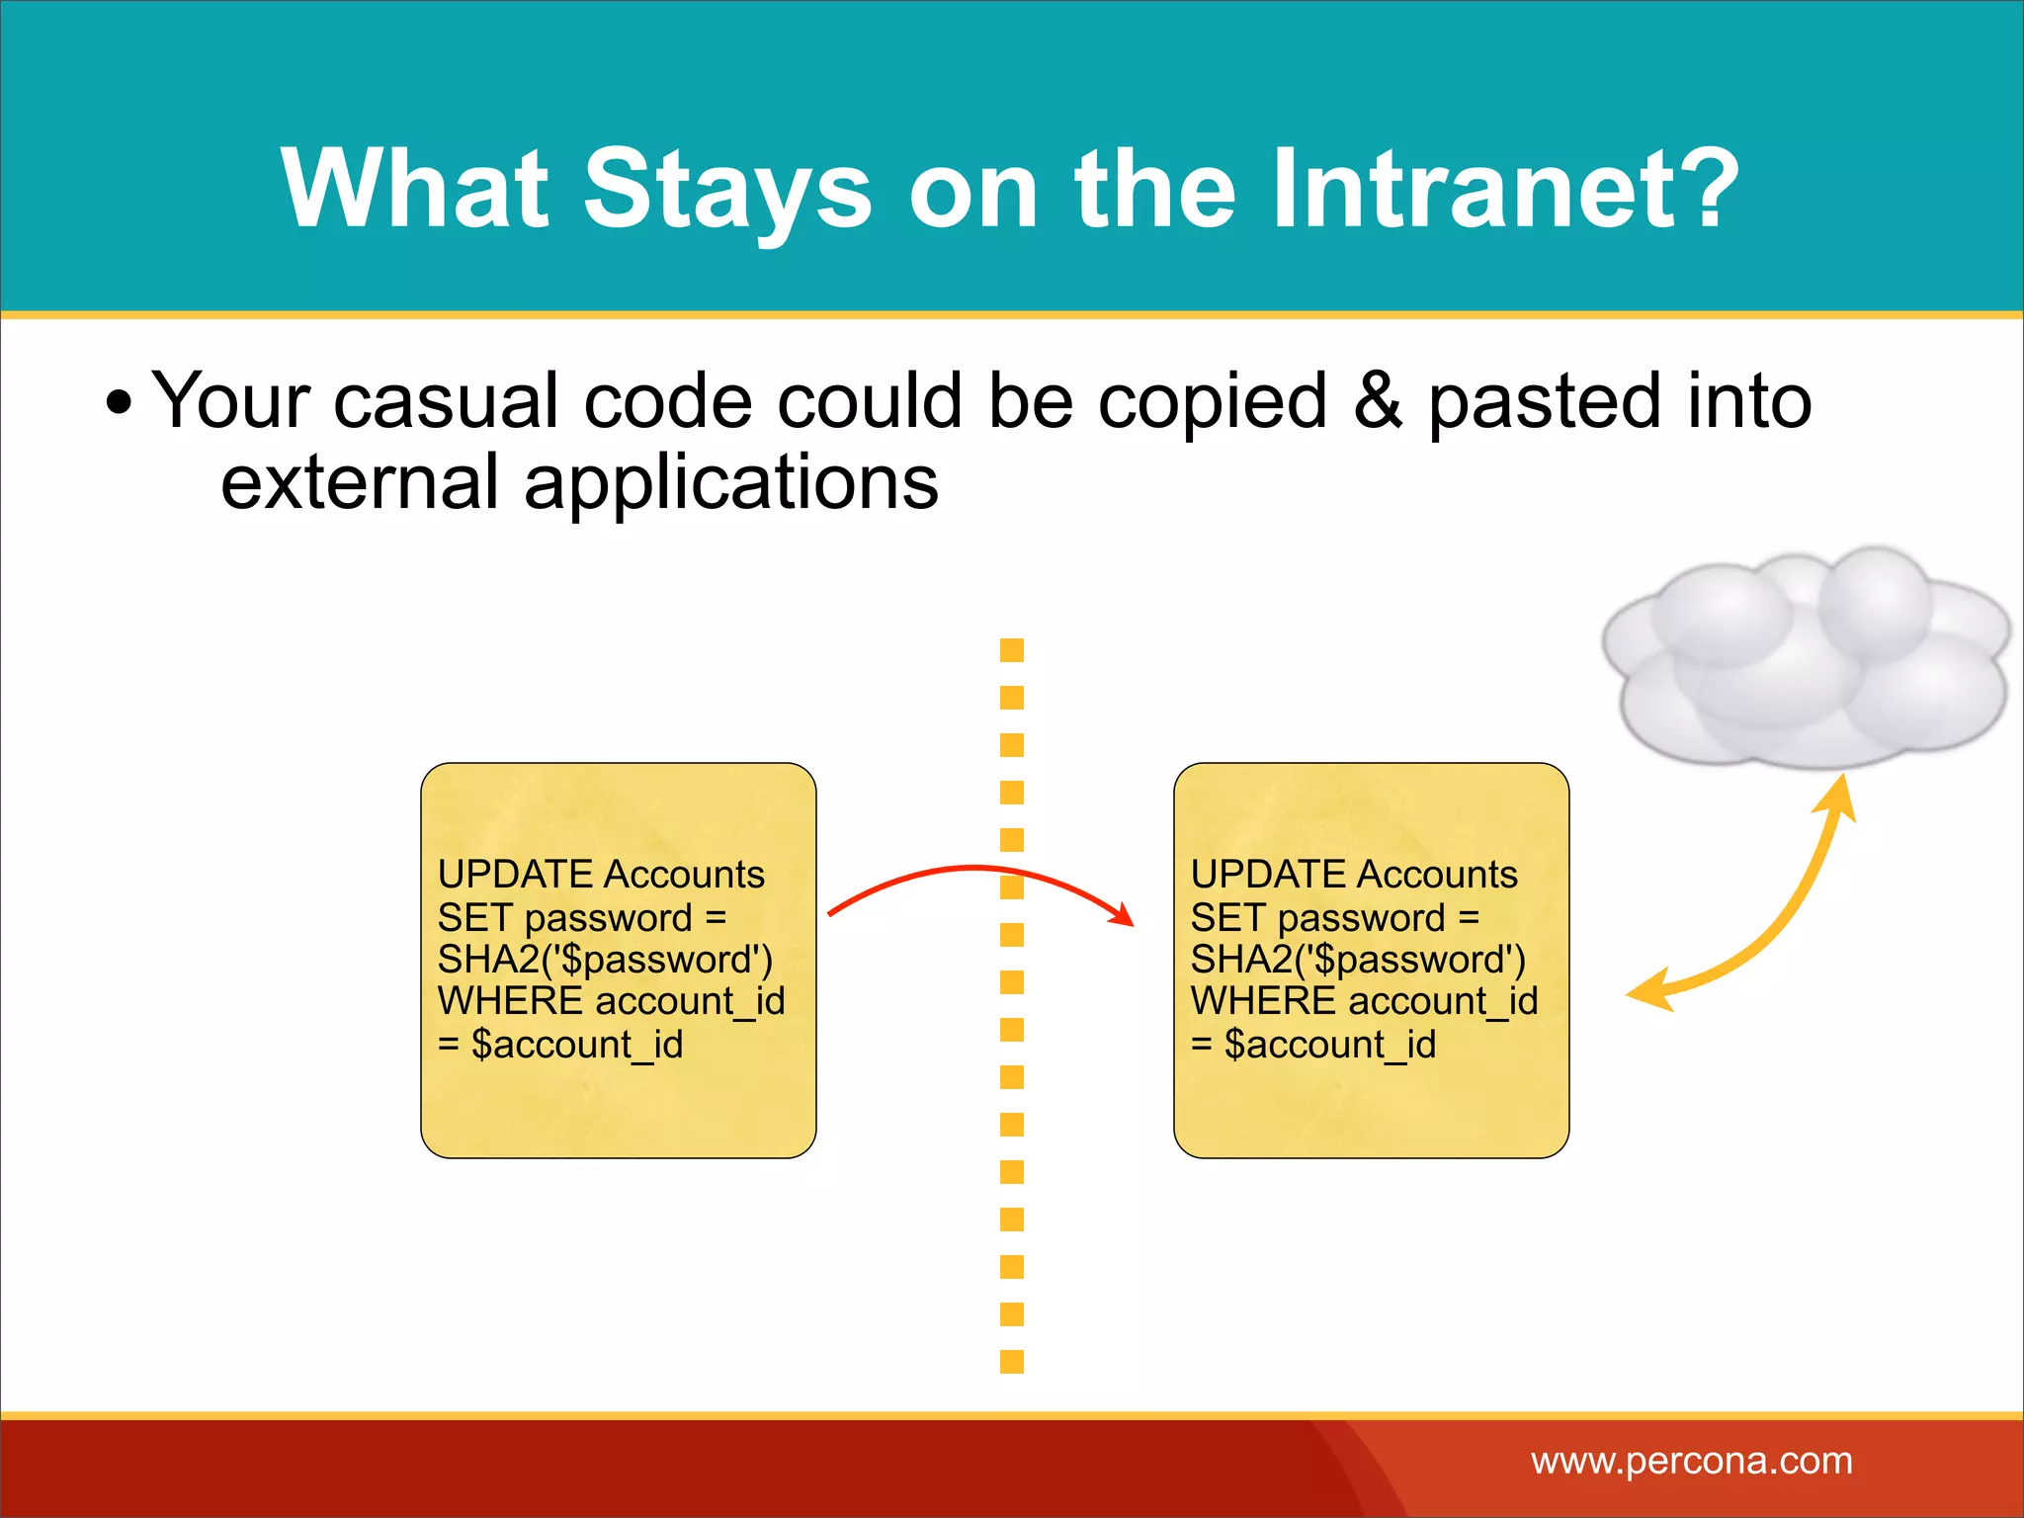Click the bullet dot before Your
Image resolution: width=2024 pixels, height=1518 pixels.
(x=119, y=403)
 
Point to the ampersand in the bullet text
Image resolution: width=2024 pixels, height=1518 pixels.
(x=1378, y=400)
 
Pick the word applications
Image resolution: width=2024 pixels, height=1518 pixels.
(x=730, y=484)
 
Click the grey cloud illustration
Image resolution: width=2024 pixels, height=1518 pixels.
(x=1804, y=657)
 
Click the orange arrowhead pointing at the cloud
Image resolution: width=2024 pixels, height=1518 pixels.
(x=1841, y=797)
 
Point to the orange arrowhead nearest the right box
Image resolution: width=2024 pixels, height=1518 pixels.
(x=1650, y=991)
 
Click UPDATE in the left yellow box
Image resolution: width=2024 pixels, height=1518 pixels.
(x=515, y=875)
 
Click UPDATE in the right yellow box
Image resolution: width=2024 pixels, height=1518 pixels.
(x=1268, y=875)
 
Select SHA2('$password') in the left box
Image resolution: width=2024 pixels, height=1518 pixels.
(x=605, y=960)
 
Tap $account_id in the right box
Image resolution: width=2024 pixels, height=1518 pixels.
(x=1329, y=1045)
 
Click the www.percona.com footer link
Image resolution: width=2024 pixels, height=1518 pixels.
(x=1691, y=1461)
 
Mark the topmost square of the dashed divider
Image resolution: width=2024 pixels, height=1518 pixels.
(x=1012, y=650)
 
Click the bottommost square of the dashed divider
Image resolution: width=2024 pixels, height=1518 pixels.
(x=1012, y=1362)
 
